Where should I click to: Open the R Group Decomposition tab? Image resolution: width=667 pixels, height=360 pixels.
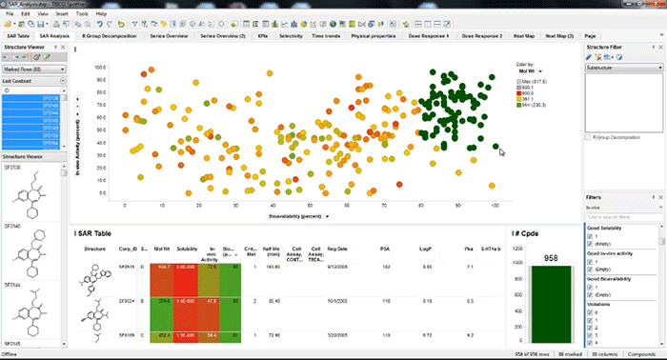(x=112, y=34)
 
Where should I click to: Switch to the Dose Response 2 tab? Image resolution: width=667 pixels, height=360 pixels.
(x=483, y=34)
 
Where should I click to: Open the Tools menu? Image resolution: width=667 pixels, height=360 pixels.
(x=82, y=15)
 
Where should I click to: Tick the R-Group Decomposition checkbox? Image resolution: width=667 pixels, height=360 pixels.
(x=587, y=138)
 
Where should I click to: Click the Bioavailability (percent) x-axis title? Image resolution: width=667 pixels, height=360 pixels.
(x=296, y=216)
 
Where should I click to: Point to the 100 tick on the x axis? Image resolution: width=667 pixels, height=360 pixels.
(x=495, y=206)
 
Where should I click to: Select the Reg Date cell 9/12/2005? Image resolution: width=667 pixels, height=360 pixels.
(x=340, y=269)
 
